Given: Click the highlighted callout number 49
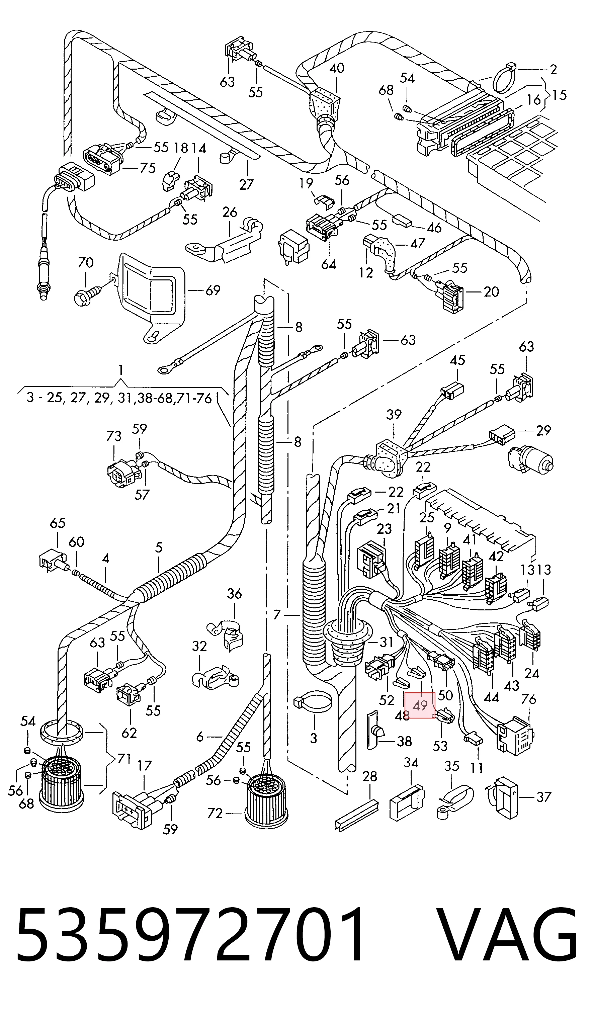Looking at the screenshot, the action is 420,705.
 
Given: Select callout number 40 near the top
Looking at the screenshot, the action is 337,68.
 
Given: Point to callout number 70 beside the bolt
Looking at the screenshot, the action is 85,263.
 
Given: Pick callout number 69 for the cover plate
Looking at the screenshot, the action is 213,290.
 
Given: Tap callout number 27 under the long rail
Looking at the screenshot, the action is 246,185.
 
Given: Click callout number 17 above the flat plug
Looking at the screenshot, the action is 145,765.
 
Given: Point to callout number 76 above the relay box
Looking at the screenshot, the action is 529,699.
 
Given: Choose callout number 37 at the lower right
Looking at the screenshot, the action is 544,797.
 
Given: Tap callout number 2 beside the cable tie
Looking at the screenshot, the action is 553,70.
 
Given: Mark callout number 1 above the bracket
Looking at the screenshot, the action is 120,370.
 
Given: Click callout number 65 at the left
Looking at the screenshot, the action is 58,523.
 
